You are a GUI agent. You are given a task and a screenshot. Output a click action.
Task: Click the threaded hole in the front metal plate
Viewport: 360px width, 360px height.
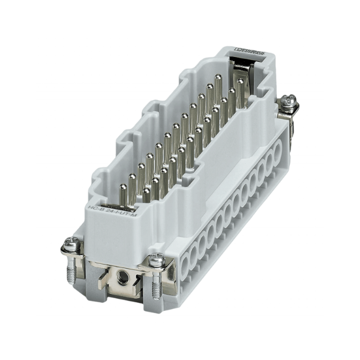[x=124, y=277]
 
